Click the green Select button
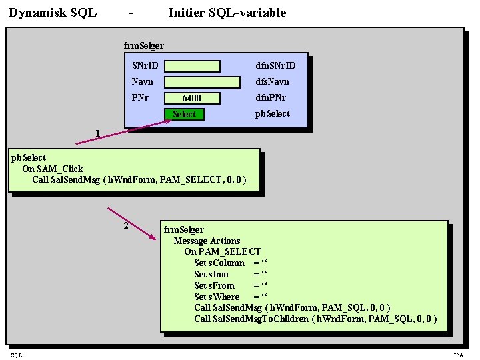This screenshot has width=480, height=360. pos(184,115)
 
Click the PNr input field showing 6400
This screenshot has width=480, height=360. pos(192,98)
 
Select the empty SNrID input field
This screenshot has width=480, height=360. pos(192,66)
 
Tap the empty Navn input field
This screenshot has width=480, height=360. pos(202,82)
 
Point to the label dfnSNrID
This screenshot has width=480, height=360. pos(275,65)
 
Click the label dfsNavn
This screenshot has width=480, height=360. pos(272,81)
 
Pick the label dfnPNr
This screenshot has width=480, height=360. pos(271,97)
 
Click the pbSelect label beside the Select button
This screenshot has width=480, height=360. pos(273,113)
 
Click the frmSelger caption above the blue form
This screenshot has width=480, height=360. pos(143,45)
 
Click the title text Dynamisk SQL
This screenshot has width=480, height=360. pos(53,13)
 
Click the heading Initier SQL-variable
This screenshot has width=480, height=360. pos(227,13)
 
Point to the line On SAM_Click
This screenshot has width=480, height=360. pos(53,169)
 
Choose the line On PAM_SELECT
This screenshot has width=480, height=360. pos(222,251)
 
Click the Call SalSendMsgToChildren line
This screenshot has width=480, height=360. pos(315,319)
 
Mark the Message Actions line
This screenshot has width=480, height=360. pos(207,241)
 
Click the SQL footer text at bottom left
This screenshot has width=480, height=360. pos(16,355)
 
